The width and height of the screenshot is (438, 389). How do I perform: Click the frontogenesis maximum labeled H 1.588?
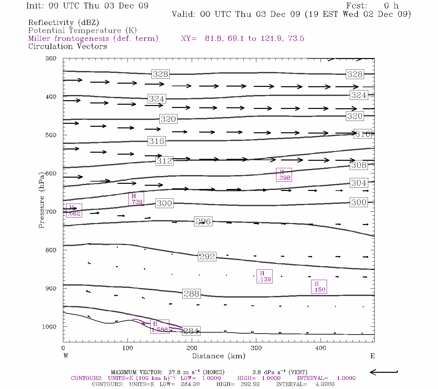(x=160, y=326)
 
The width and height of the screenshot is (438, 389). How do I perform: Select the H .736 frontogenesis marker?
(x=136, y=199)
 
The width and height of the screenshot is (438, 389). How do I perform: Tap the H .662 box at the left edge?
(x=74, y=210)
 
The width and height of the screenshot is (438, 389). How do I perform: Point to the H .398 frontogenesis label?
(x=284, y=175)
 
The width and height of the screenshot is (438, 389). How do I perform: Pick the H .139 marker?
(x=264, y=276)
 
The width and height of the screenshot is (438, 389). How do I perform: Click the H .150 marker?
(x=319, y=287)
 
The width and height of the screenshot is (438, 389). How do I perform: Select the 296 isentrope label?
(x=203, y=221)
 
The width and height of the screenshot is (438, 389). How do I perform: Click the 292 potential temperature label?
(x=207, y=256)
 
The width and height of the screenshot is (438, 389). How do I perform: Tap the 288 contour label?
(x=191, y=294)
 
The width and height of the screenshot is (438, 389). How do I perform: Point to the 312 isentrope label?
(x=164, y=161)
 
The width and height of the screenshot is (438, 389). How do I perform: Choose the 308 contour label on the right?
(x=359, y=165)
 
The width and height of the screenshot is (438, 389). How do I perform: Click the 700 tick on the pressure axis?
(x=51, y=212)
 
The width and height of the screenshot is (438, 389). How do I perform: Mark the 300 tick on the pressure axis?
(x=51, y=58)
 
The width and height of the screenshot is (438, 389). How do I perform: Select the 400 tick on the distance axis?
(x=321, y=348)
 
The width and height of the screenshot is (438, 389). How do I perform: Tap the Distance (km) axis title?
(x=218, y=356)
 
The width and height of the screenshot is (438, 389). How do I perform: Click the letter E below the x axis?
(x=372, y=356)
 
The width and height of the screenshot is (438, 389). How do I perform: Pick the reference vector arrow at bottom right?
(x=384, y=372)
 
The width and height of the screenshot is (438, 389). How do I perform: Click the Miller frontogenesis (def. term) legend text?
(x=93, y=39)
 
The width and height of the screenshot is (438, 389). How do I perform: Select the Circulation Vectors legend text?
(x=67, y=46)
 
